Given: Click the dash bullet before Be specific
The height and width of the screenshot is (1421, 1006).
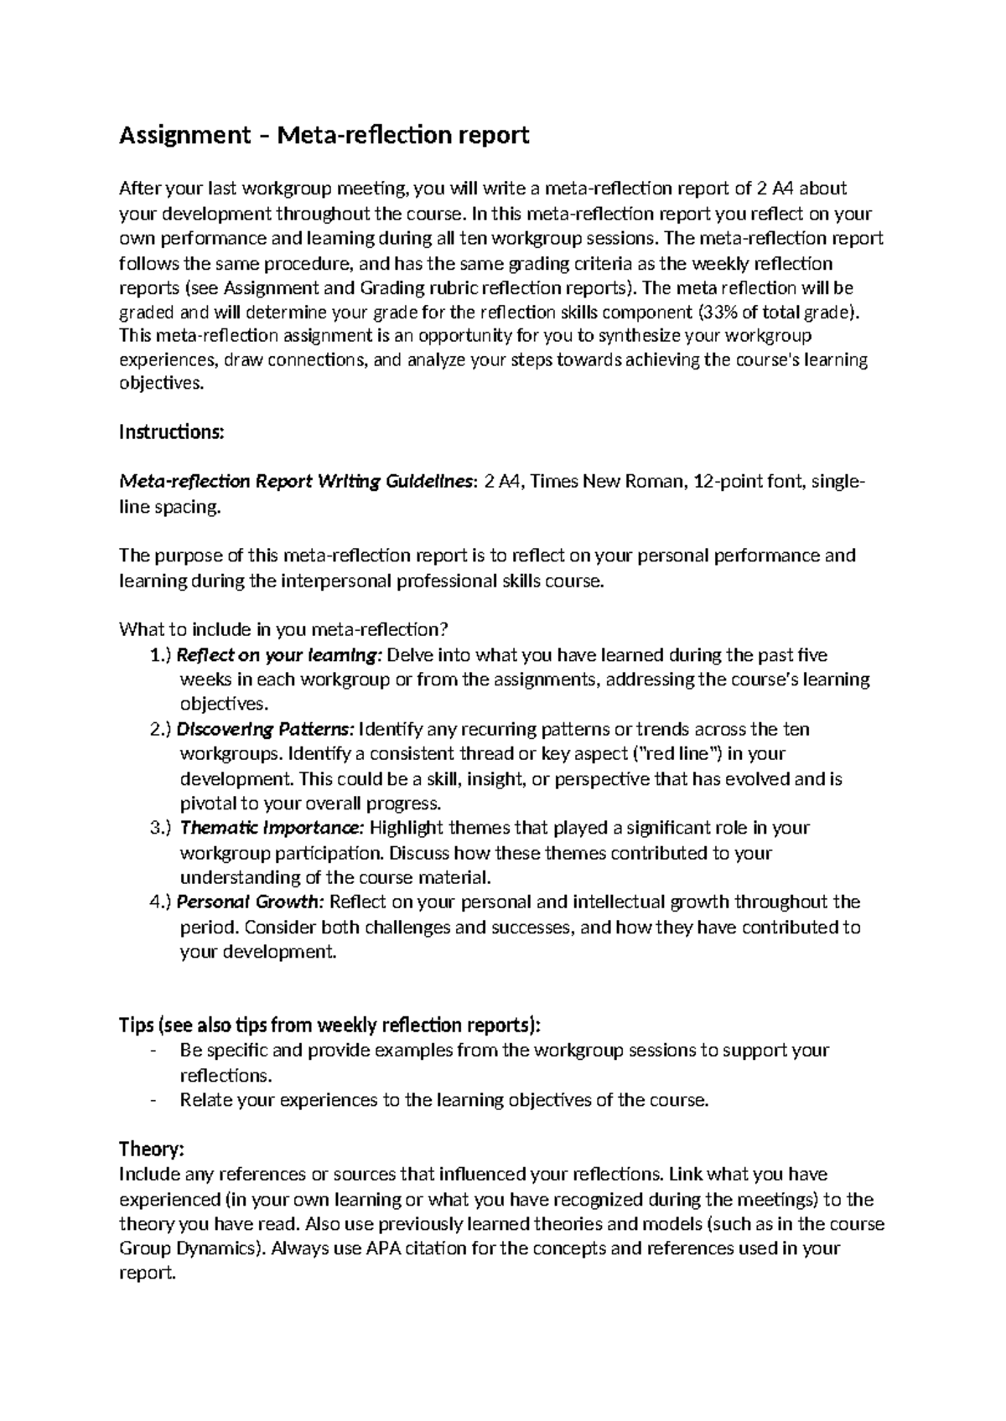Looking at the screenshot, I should coord(152,1051).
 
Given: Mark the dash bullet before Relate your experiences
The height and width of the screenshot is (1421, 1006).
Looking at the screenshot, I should coord(152,1100).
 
